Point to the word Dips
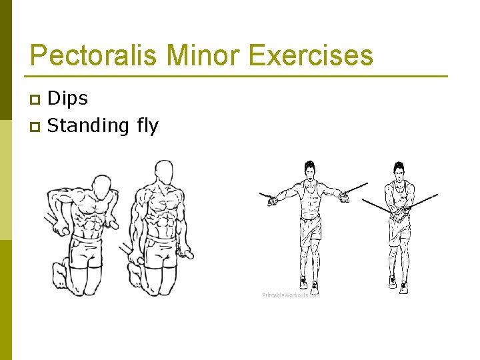point(68,99)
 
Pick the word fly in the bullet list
point(147,125)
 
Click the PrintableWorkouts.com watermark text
point(291,295)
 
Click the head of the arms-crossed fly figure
point(399,171)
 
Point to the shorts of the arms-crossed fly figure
point(399,231)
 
